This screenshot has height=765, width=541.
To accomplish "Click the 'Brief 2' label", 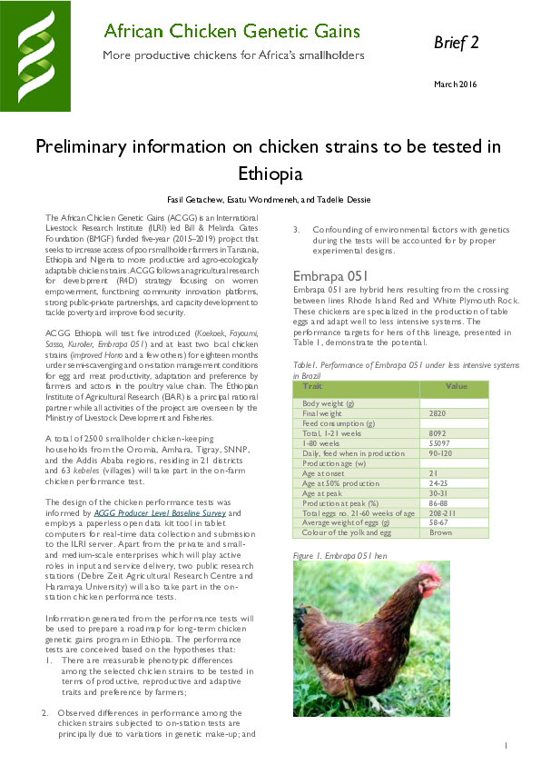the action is click(456, 43).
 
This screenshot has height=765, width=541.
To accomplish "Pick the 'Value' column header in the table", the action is click(457, 386).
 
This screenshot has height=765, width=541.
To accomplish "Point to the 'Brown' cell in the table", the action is click(440, 532).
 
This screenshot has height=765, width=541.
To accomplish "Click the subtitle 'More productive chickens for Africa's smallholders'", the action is click(231, 55).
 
